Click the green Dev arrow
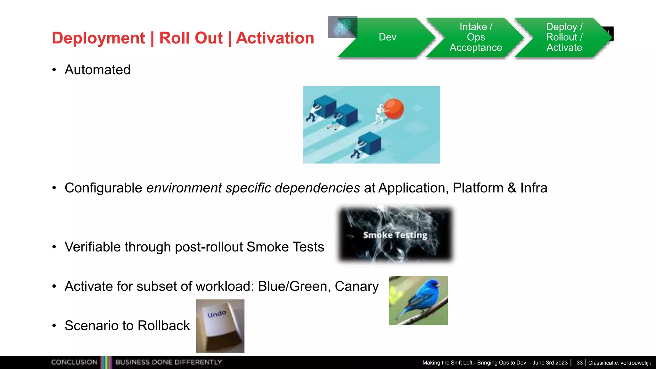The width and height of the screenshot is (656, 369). [x=387, y=37]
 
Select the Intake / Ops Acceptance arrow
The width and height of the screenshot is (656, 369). [x=476, y=37]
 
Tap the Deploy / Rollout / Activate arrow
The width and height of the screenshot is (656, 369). [x=564, y=37]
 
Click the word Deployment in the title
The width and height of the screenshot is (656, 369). [x=98, y=38]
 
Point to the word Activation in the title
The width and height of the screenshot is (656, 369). [x=275, y=38]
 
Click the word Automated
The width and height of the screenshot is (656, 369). [x=97, y=70]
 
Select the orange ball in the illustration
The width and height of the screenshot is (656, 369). [x=394, y=109]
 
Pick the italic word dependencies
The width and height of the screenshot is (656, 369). [x=317, y=188]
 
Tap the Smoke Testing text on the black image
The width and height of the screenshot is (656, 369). [x=395, y=235]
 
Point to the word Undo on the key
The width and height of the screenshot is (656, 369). [x=217, y=314]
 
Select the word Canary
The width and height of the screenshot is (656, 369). [x=357, y=286]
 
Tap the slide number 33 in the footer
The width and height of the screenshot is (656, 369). [x=579, y=363]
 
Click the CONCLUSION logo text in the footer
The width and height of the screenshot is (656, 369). [x=74, y=362]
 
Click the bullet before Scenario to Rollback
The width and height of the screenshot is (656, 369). [x=54, y=326]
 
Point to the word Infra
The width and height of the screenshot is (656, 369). [x=534, y=188]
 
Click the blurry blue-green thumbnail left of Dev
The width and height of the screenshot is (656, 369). [x=342, y=27]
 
